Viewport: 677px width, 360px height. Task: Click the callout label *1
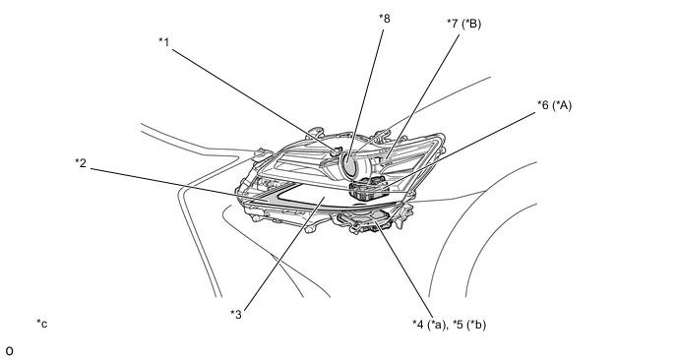click(x=164, y=42)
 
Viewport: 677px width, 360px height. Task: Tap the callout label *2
click(x=81, y=163)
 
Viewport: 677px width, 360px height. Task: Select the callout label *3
click(x=236, y=314)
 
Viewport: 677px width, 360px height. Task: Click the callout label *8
click(x=385, y=19)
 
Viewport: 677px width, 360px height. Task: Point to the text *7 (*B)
click(x=464, y=24)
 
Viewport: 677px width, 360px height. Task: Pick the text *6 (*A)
click(x=554, y=105)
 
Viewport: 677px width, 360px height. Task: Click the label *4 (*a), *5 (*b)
click(x=449, y=325)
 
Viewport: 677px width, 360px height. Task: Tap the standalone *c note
click(x=42, y=324)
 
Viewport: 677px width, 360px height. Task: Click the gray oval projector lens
click(x=350, y=164)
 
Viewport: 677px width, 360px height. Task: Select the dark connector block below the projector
click(x=369, y=188)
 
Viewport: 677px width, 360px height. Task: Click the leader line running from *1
click(x=254, y=99)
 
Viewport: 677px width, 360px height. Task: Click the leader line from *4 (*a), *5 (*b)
click(x=403, y=270)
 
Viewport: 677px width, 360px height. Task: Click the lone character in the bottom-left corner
click(x=9, y=351)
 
